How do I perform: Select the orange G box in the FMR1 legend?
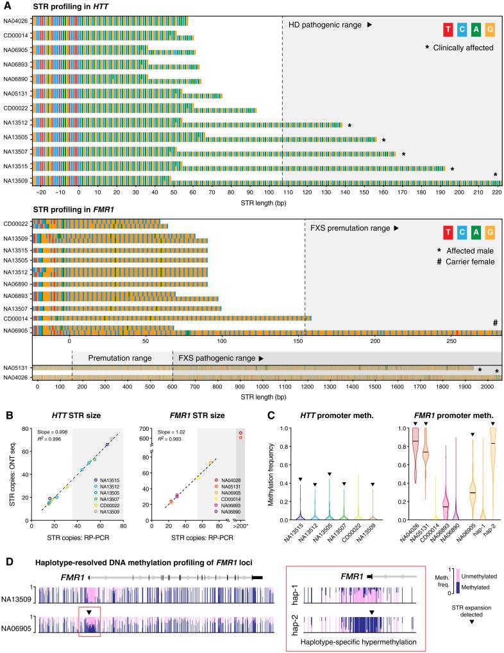click(x=491, y=232)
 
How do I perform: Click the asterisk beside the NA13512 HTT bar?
click(x=349, y=126)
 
